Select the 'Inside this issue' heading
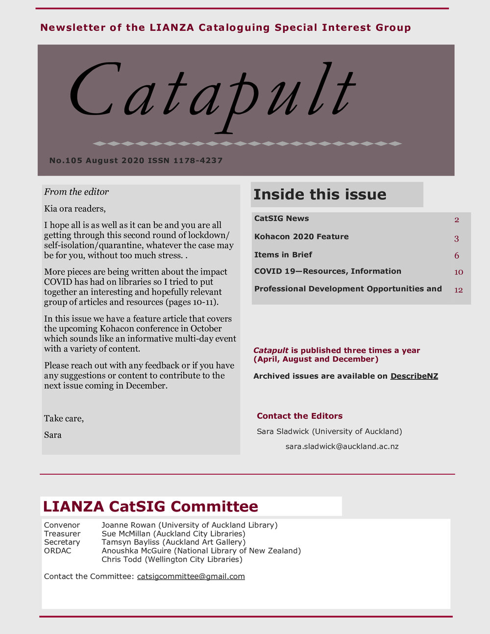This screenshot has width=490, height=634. (319, 195)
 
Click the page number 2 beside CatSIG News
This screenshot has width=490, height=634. (457, 220)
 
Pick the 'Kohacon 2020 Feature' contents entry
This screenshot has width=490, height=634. (301, 237)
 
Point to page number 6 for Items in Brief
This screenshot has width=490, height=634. (457, 256)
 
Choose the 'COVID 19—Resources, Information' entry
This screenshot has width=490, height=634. (327, 271)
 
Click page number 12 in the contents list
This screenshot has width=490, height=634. (458, 290)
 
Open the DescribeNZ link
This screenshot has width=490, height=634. (414, 376)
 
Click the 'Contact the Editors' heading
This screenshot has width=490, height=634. (299, 416)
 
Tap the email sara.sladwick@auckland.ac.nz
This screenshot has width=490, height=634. (342, 446)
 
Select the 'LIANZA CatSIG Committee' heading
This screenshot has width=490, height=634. (150, 506)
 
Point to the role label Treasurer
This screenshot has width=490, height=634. (62, 534)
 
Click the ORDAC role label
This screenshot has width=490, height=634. (57, 551)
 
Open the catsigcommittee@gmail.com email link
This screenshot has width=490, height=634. (191, 576)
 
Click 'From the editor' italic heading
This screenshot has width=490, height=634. (76, 192)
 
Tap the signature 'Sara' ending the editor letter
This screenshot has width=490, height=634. (53, 435)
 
